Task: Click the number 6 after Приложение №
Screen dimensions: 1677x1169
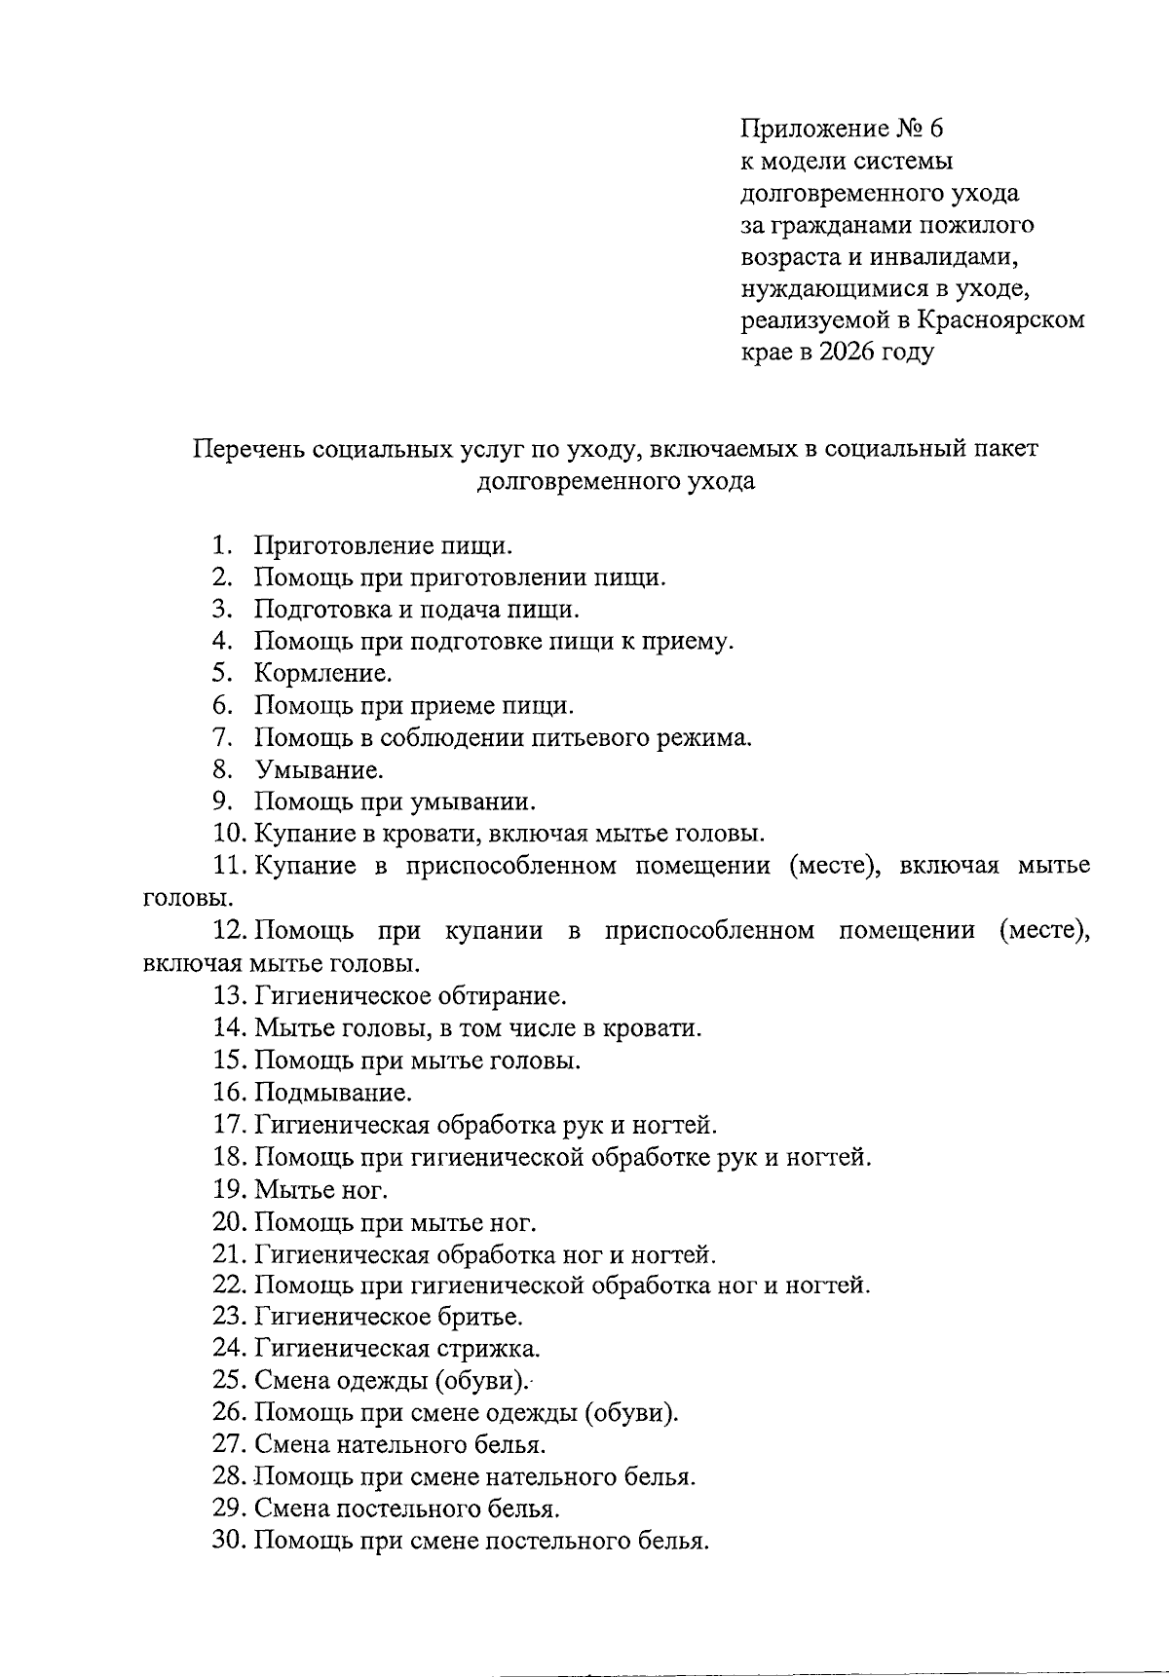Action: (x=936, y=129)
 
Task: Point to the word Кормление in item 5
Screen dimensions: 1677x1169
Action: (x=321, y=673)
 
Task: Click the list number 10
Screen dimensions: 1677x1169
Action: (x=230, y=834)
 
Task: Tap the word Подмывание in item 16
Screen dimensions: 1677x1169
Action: (x=332, y=1092)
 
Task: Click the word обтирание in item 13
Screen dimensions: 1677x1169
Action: (x=503, y=995)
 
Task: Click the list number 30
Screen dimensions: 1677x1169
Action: (x=230, y=1541)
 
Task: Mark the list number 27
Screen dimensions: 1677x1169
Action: (x=230, y=1444)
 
